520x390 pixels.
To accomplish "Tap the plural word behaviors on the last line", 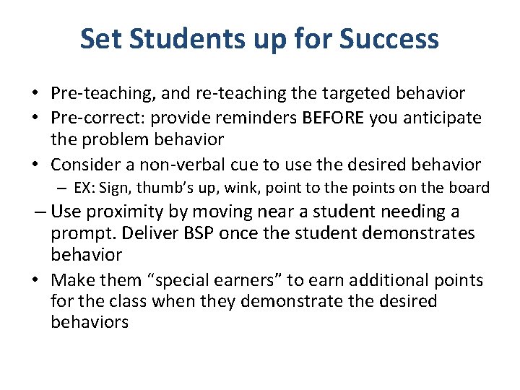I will click(x=90, y=322).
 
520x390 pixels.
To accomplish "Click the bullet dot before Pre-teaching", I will click(x=34, y=94).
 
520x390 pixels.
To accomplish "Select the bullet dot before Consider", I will click(x=34, y=165).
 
